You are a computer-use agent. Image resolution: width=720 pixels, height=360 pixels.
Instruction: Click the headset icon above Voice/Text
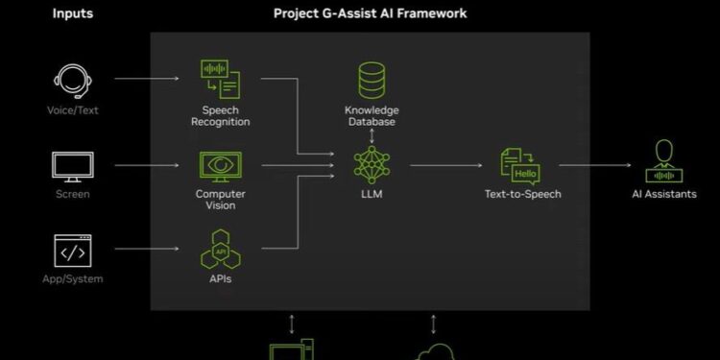tap(72, 81)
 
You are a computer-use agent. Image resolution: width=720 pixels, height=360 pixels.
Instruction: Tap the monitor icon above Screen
tap(72, 166)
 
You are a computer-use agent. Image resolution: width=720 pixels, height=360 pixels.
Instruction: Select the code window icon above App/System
tap(72, 251)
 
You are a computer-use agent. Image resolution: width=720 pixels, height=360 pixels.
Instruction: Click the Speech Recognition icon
tap(220, 80)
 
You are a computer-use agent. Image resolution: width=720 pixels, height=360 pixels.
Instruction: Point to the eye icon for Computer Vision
tap(220, 166)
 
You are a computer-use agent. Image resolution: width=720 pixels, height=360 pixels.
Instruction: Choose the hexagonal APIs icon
tap(220, 249)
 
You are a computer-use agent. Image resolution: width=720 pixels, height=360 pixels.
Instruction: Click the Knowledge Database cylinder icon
tap(371, 80)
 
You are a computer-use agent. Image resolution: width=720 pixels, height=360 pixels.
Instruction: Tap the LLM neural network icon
tap(371, 164)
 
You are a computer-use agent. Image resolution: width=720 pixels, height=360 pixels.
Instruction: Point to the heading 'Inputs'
tap(72, 13)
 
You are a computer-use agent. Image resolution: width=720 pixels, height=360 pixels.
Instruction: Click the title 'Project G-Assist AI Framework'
tap(370, 13)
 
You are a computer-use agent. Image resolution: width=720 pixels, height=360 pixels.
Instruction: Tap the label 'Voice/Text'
tap(72, 110)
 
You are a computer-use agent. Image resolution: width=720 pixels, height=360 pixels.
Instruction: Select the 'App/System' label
tap(72, 279)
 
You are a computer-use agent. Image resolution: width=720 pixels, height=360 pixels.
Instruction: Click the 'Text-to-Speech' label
tap(522, 194)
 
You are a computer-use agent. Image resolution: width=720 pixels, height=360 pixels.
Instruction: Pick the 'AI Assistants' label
tap(664, 194)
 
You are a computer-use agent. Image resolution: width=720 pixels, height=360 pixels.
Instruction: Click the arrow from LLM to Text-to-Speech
tap(445, 165)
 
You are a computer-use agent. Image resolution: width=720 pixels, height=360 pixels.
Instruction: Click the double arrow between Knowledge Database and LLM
tap(371, 135)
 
